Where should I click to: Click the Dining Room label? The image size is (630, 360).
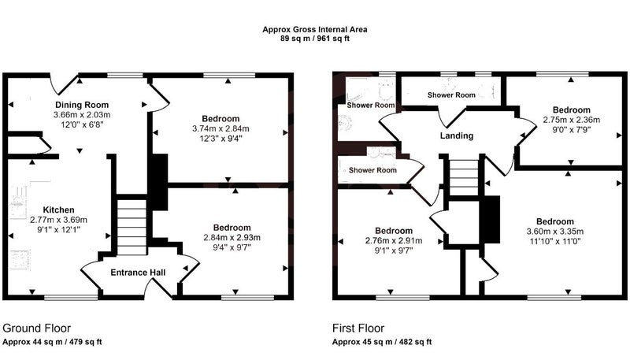(x=82, y=105)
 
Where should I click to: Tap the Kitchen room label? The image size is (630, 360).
(x=58, y=210)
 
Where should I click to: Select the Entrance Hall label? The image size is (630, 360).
(x=138, y=273)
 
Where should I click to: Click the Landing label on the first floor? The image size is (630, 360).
(x=457, y=135)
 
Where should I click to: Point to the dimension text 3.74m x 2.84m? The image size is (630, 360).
(x=220, y=129)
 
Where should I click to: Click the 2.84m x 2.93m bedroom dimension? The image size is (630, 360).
(x=232, y=237)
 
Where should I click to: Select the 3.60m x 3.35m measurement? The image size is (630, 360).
(x=555, y=232)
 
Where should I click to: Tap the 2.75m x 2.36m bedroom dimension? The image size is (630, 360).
(x=572, y=120)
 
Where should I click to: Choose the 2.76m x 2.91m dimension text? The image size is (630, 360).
(x=393, y=241)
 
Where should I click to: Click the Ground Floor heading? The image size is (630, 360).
(x=36, y=328)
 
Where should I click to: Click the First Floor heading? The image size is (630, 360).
(x=358, y=328)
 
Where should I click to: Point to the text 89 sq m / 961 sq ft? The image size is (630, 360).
(x=315, y=39)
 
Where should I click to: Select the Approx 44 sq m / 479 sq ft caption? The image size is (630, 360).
(x=52, y=343)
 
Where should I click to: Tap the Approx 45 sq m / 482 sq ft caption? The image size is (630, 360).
(x=382, y=343)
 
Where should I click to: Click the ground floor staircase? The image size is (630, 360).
(x=132, y=225)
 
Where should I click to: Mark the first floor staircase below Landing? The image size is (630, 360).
(x=464, y=177)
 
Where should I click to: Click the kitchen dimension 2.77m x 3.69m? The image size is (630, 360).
(x=58, y=220)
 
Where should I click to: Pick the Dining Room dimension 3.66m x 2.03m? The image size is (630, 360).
(x=82, y=115)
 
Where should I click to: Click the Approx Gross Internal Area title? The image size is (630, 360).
(x=315, y=29)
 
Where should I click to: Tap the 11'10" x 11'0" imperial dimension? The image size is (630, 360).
(x=555, y=242)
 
